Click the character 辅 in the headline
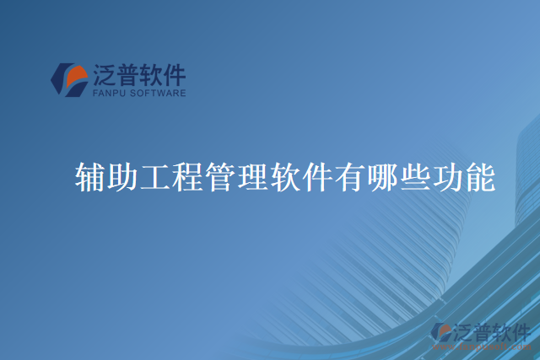point(91,176)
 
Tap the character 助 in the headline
point(124,176)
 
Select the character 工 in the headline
point(156,176)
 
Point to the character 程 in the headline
point(189,176)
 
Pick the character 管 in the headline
point(221,176)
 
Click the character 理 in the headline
point(253,176)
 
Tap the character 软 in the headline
point(286,176)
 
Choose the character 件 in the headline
point(318,176)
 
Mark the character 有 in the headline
point(351,176)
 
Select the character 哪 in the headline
point(383,176)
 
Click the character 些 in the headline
point(415,176)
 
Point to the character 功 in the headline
point(448,176)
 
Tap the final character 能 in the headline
point(480,176)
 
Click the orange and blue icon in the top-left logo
point(69,79)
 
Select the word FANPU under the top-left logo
point(110,94)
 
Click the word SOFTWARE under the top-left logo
point(158,94)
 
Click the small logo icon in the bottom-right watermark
point(443,333)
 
